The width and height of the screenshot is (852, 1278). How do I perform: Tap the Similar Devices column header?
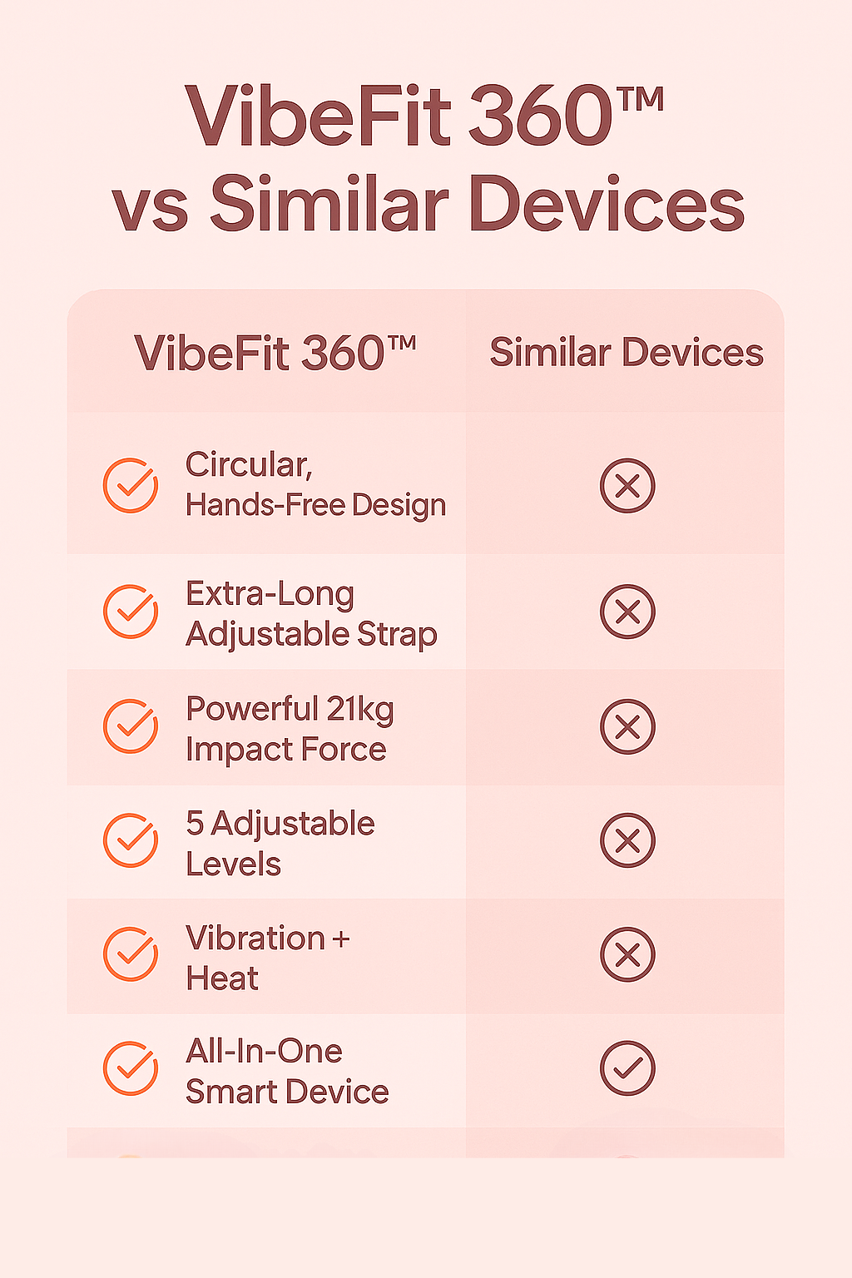point(627,352)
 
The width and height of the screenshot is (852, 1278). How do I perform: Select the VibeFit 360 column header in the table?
point(275,352)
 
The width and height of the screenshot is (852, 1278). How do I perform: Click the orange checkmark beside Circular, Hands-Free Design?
point(131,485)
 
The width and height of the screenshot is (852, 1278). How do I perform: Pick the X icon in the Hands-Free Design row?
point(627,486)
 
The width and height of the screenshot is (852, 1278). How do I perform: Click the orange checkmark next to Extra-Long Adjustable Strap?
point(131,611)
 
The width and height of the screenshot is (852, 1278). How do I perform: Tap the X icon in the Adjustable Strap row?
point(627,612)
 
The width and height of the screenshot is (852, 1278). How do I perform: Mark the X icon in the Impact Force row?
point(627,726)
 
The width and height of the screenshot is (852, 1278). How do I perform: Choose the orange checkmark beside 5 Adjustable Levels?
point(131,840)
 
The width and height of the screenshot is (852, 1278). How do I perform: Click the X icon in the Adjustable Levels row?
point(627,840)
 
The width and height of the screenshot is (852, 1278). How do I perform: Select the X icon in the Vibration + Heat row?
point(627,954)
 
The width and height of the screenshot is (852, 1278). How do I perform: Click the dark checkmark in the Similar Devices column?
point(627,1068)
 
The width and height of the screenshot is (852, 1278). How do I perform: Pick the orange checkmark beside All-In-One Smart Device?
point(131,1068)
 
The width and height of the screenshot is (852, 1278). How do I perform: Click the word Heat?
point(222,978)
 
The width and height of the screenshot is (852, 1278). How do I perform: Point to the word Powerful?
point(251,709)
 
